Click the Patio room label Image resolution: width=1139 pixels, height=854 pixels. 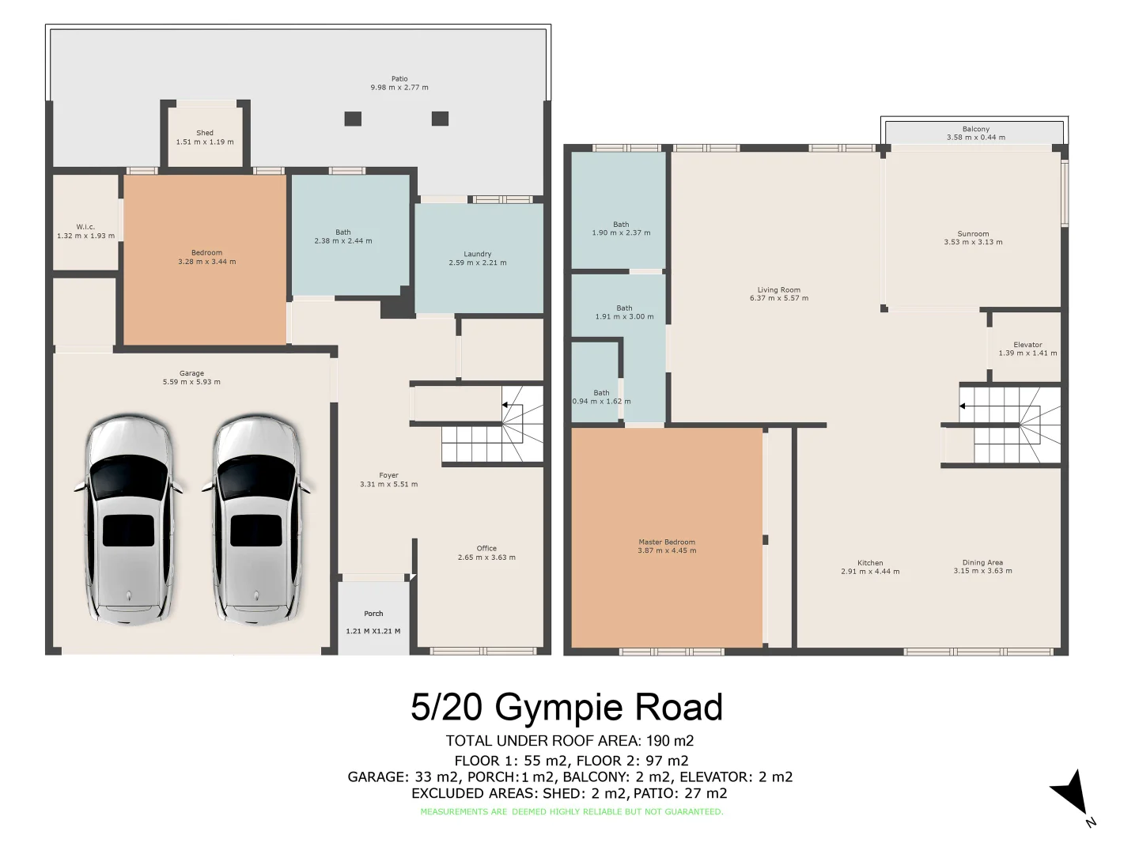coord(399,79)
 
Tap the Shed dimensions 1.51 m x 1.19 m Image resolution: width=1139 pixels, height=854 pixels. coord(205,142)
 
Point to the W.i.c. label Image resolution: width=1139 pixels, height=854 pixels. coord(85,227)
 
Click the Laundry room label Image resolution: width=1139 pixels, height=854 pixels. coord(477,254)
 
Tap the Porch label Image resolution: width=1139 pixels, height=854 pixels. coord(373,614)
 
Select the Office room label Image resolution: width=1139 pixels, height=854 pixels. coord(486,548)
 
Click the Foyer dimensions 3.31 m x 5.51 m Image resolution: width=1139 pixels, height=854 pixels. coord(388,484)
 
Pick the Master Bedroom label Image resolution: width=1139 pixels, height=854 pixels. coord(667,542)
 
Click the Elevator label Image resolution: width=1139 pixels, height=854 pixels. coord(1027,345)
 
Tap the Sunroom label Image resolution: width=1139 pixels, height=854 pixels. coord(973,234)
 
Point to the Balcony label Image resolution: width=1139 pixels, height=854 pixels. coord(976,129)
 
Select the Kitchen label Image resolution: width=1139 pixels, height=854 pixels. coord(870,563)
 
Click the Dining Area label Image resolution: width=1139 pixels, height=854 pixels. coord(982,562)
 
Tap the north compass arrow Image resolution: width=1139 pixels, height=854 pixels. coord(1071,791)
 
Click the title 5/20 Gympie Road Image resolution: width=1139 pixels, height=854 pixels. coord(566,707)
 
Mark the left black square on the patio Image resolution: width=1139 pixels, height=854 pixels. coord(353,119)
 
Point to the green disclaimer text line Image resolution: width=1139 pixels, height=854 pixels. coord(571,812)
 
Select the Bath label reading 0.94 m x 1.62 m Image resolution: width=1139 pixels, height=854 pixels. coord(601,401)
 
